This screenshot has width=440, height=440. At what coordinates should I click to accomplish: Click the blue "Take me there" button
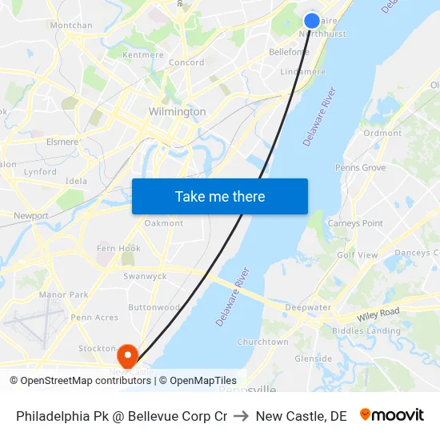click(220, 197)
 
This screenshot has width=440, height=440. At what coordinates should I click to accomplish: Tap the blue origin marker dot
click(312, 21)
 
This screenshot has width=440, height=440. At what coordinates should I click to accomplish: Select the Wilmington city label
click(177, 112)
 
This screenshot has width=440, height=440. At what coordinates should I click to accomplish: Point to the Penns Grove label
click(360, 168)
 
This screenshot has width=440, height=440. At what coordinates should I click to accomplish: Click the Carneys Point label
click(355, 223)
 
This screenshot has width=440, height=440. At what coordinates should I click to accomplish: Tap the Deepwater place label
click(308, 307)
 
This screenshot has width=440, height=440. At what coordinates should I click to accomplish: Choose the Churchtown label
click(263, 342)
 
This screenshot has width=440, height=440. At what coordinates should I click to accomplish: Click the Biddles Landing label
click(366, 330)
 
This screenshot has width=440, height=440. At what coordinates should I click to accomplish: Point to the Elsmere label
click(62, 142)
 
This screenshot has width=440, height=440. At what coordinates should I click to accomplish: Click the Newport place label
click(31, 216)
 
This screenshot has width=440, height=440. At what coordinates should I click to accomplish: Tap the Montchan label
click(71, 26)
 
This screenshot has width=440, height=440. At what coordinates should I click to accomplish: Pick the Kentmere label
click(143, 55)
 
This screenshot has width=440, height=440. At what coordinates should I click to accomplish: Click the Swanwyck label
click(145, 276)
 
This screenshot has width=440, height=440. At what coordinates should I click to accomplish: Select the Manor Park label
click(64, 295)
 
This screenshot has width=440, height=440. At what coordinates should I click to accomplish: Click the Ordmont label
click(382, 134)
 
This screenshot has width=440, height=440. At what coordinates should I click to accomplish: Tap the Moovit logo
click(392, 415)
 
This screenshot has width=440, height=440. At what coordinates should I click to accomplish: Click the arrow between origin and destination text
click(242, 416)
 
